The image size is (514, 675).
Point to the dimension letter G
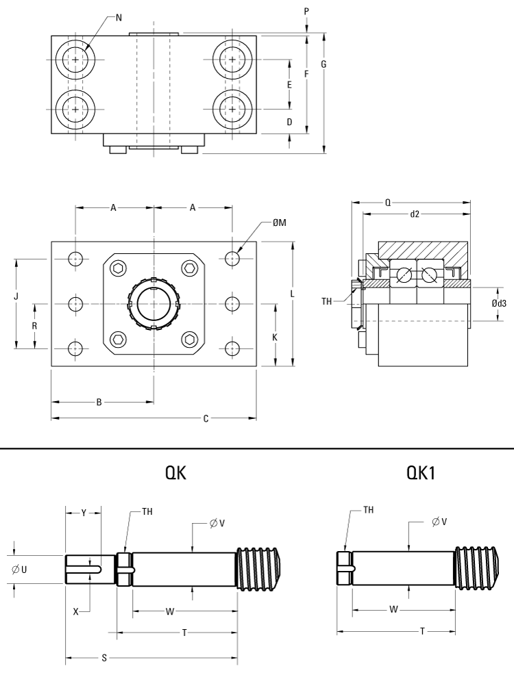[323, 64]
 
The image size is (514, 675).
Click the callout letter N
[119, 16]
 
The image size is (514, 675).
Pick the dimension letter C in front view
[206, 418]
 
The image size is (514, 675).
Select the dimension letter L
[293, 294]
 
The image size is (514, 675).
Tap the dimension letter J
[16, 296]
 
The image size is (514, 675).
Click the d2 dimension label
[415, 214]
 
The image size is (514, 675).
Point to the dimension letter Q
[388, 203]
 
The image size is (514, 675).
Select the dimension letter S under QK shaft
[104, 658]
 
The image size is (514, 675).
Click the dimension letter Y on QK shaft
[83, 513]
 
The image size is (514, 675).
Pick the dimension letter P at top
[306, 12]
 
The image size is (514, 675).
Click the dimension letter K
[275, 337]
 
